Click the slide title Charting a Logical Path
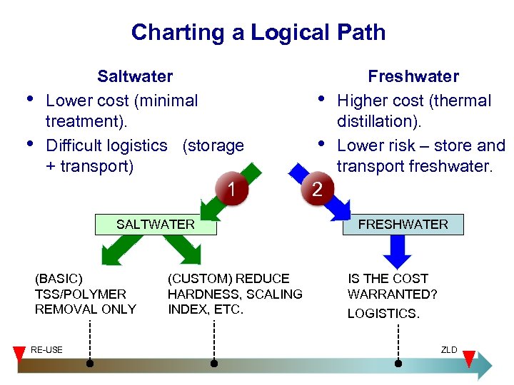coord(258,32)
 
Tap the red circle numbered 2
coord(318,190)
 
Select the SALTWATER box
coord(156,225)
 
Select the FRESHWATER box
coord(403,225)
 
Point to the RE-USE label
coord(46,349)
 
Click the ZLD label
coord(449,349)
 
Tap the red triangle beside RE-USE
coord(20,354)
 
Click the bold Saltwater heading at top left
coord(135,76)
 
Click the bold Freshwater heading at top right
coord(413,76)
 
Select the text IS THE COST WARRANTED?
coord(392,286)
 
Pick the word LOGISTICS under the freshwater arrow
coord(383,314)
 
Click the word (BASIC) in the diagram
coord(59,278)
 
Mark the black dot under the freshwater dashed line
coord(398,364)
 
